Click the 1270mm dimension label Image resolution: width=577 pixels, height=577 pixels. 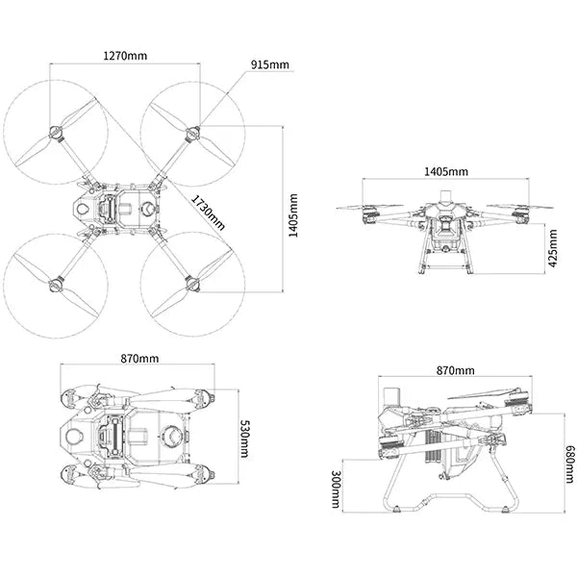pos(125,55)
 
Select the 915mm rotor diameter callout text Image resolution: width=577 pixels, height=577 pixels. pos(270,64)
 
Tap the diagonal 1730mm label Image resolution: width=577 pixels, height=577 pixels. pos(209,212)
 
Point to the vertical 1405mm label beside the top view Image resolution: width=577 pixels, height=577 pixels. pos(293,214)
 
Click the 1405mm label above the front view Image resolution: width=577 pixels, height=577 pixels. pos(445,171)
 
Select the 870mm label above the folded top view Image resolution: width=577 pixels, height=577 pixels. pos(140,358)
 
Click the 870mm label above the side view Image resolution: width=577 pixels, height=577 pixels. pos(455,370)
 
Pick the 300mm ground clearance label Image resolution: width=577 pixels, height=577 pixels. pos(333,489)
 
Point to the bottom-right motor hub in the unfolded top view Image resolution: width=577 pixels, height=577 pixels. pos(192,283)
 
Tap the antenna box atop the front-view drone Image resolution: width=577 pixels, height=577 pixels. pos(445,196)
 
